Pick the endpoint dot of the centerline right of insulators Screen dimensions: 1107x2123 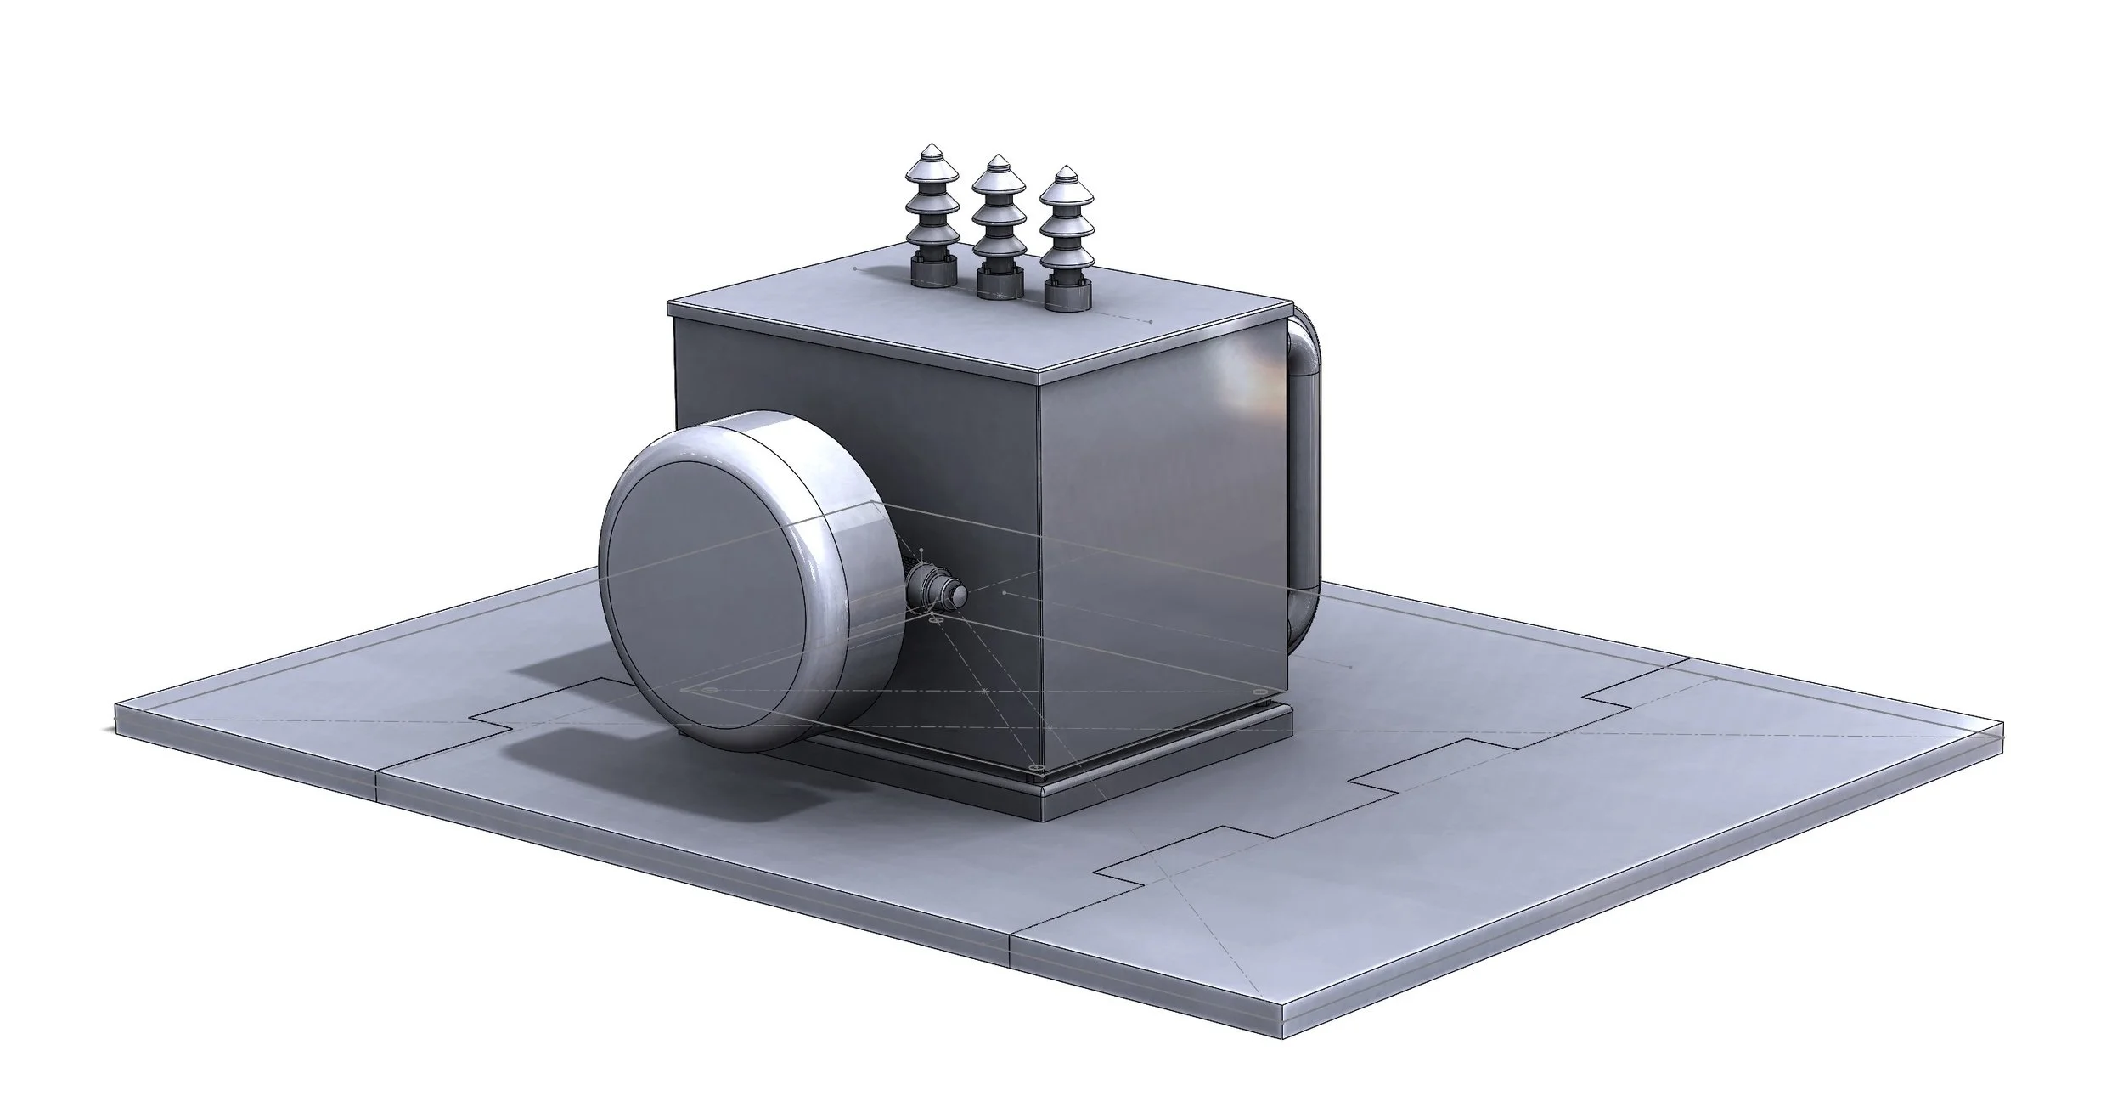coord(1150,322)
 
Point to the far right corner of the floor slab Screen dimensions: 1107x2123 coord(2002,726)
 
